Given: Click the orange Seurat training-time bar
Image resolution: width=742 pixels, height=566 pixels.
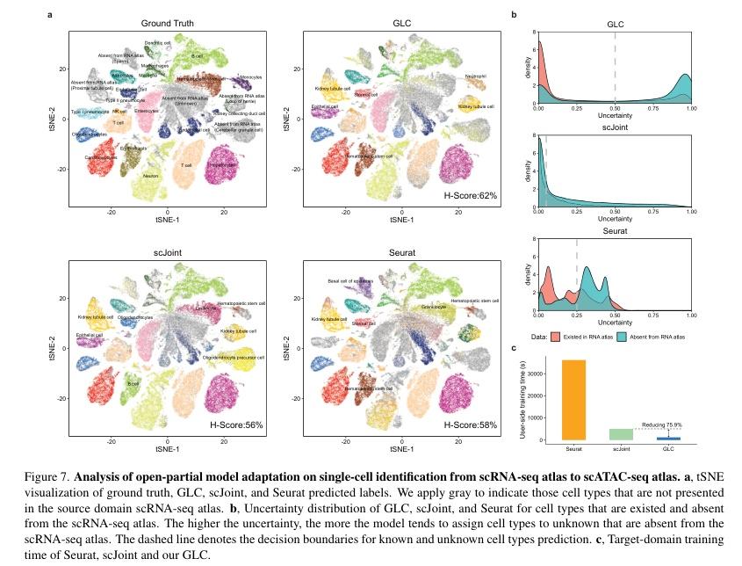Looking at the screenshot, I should [x=574, y=399].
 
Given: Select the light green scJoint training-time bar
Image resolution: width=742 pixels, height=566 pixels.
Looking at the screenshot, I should [x=621, y=434].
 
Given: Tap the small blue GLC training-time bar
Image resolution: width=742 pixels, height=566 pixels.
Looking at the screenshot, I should [x=669, y=438].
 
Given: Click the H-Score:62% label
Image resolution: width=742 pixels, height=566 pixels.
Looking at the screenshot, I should [x=472, y=195].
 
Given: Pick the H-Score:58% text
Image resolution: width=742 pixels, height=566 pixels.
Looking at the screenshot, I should [x=472, y=425].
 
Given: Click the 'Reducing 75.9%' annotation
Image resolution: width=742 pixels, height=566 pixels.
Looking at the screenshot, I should [x=666, y=424].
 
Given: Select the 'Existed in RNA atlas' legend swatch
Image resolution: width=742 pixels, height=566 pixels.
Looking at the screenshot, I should [x=556, y=337].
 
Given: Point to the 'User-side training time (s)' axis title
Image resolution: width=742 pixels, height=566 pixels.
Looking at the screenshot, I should [x=523, y=400].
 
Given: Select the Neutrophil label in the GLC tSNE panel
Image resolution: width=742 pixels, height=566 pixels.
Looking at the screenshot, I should [x=476, y=76].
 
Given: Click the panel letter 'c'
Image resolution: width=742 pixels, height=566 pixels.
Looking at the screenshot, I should [x=514, y=348].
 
